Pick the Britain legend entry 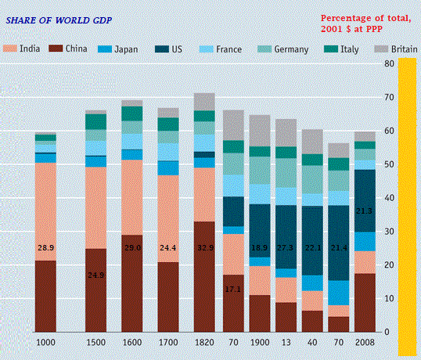point(400,49)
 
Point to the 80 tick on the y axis point(388,64)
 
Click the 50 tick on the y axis point(388,164)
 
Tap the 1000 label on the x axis point(45,343)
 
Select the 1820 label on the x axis point(204,343)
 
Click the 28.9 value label point(45,247)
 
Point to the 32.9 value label point(204,247)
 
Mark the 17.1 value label point(233,289)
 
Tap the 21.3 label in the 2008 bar point(364,211)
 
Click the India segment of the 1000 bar point(45,211)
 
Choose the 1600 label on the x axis point(132,343)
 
